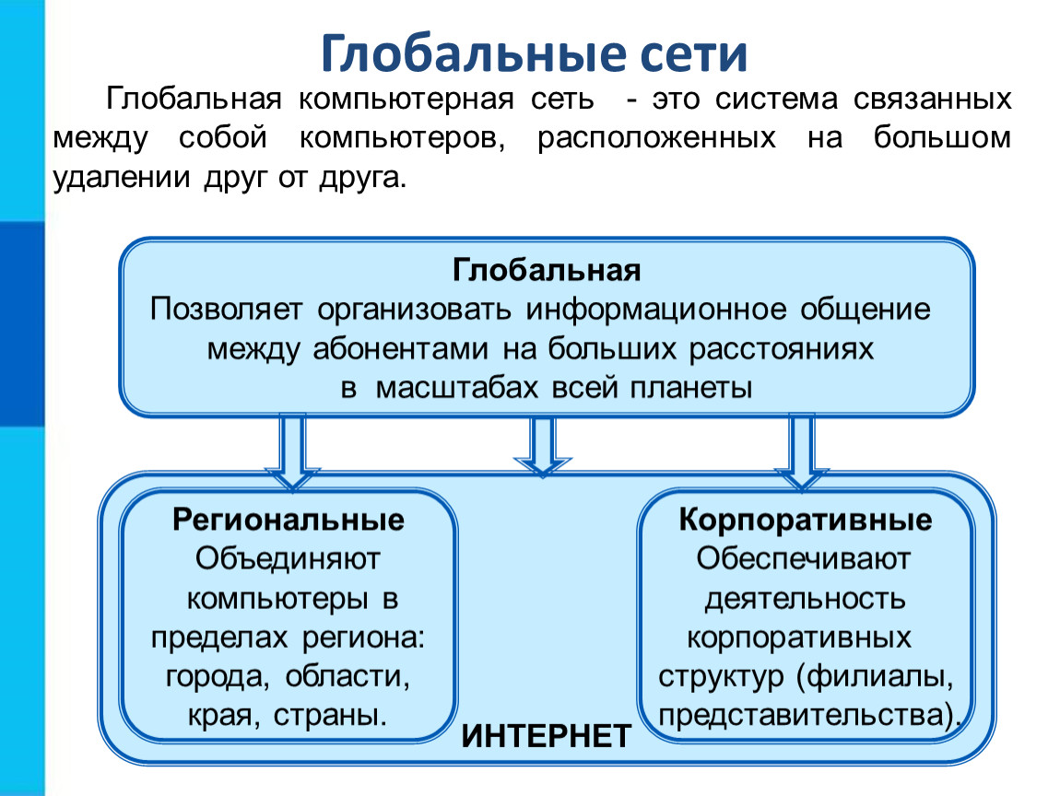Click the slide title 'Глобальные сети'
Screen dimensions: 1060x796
coord(534,53)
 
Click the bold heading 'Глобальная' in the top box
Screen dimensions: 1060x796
coord(547,270)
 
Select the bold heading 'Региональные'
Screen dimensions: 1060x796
coord(288,520)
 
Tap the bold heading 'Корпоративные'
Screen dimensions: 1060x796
coord(806,520)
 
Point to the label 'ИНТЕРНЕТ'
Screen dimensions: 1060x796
coord(547,736)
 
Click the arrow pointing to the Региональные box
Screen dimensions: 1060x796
coord(292,451)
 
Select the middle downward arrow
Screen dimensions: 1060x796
coord(543,447)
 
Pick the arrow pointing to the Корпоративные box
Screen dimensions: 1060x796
coord(801,451)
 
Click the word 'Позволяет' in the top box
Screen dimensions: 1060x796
coord(226,310)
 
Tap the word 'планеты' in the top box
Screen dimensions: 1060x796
coord(691,388)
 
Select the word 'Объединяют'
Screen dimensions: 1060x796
coord(288,559)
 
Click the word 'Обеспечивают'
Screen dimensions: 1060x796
coord(804,559)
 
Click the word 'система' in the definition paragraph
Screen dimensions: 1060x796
coord(776,99)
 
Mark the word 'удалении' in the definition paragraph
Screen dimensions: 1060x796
coord(121,178)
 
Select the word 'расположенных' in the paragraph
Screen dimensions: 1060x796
coord(656,138)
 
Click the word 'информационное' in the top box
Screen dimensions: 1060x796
coord(655,310)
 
